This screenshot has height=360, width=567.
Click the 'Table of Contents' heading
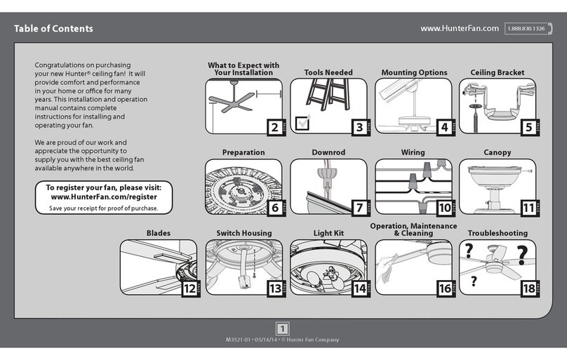[53, 29]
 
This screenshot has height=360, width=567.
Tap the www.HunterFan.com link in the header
[459, 28]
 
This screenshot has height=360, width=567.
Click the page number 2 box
[274, 127]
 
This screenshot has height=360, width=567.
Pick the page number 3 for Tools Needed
[359, 127]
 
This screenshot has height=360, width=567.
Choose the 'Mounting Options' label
[414, 72]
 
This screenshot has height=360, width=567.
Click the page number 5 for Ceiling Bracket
[527, 127]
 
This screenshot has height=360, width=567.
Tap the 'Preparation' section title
[244, 152]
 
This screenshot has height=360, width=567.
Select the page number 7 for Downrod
[359, 208]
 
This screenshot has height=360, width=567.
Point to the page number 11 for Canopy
[527, 208]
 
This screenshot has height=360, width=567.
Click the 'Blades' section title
[158, 233]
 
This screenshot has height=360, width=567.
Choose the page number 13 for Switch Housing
[274, 288]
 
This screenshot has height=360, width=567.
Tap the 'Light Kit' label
[328, 233]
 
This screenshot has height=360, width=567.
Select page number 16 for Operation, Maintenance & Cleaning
[443, 288]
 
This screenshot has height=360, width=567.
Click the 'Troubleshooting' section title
[498, 233]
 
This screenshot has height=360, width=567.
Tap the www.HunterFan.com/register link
[103, 198]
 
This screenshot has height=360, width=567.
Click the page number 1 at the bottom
[283, 328]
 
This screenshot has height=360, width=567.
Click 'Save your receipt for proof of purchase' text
[103, 208]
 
